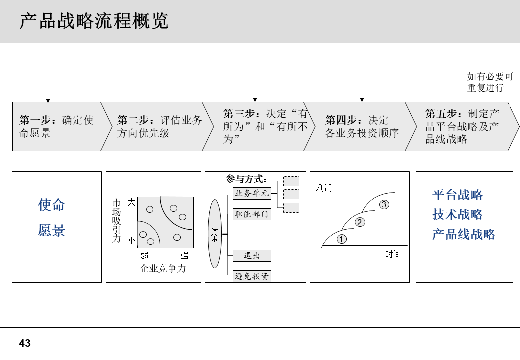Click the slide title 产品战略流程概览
[x=94, y=22]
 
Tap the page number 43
[x=25, y=343]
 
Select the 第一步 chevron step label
[x=56, y=126]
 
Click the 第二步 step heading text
[x=159, y=126]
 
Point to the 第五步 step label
[x=462, y=126]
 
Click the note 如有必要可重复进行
[x=490, y=82]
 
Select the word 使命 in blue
[x=52, y=205]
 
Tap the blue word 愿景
[x=52, y=230]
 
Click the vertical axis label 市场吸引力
[x=116, y=220]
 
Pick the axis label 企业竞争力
[x=163, y=268]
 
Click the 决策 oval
[x=214, y=233]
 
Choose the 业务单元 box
[x=252, y=193]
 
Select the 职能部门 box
[x=252, y=215]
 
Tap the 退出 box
[x=252, y=256]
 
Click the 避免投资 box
[x=252, y=276]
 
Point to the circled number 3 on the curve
[x=384, y=204]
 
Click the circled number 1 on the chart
[x=342, y=239]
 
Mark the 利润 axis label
[x=324, y=188]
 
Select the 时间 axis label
[x=393, y=254]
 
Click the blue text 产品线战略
[x=464, y=234]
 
